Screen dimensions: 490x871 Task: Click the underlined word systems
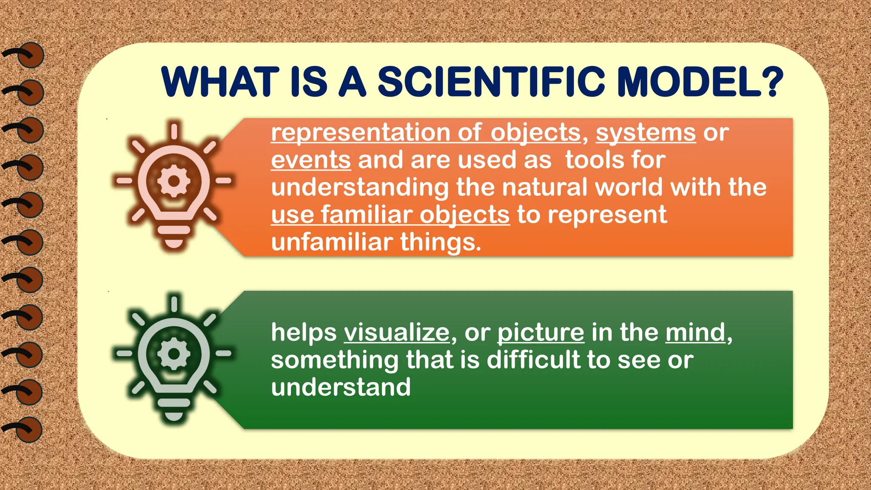pyautogui.click(x=646, y=133)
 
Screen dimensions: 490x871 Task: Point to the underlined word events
pyautogui.click(x=311, y=160)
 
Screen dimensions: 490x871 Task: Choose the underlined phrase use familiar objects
pyautogui.click(x=390, y=215)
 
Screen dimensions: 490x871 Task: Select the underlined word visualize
pyautogui.click(x=396, y=332)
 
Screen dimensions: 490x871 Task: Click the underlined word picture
pyautogui.click(x=541, y=332)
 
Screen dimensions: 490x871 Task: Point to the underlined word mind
pyautogui.click(x=695, y=332)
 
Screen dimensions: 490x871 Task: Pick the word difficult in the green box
pyautogui.click(x=533, y=360)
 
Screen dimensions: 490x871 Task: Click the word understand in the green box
pyautogui.click(x=341, y=387)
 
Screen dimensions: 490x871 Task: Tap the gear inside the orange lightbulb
pyautogui.click(x=174, y=181)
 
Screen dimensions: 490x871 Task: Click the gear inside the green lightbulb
pyautogui.click(x=174, y=353)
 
